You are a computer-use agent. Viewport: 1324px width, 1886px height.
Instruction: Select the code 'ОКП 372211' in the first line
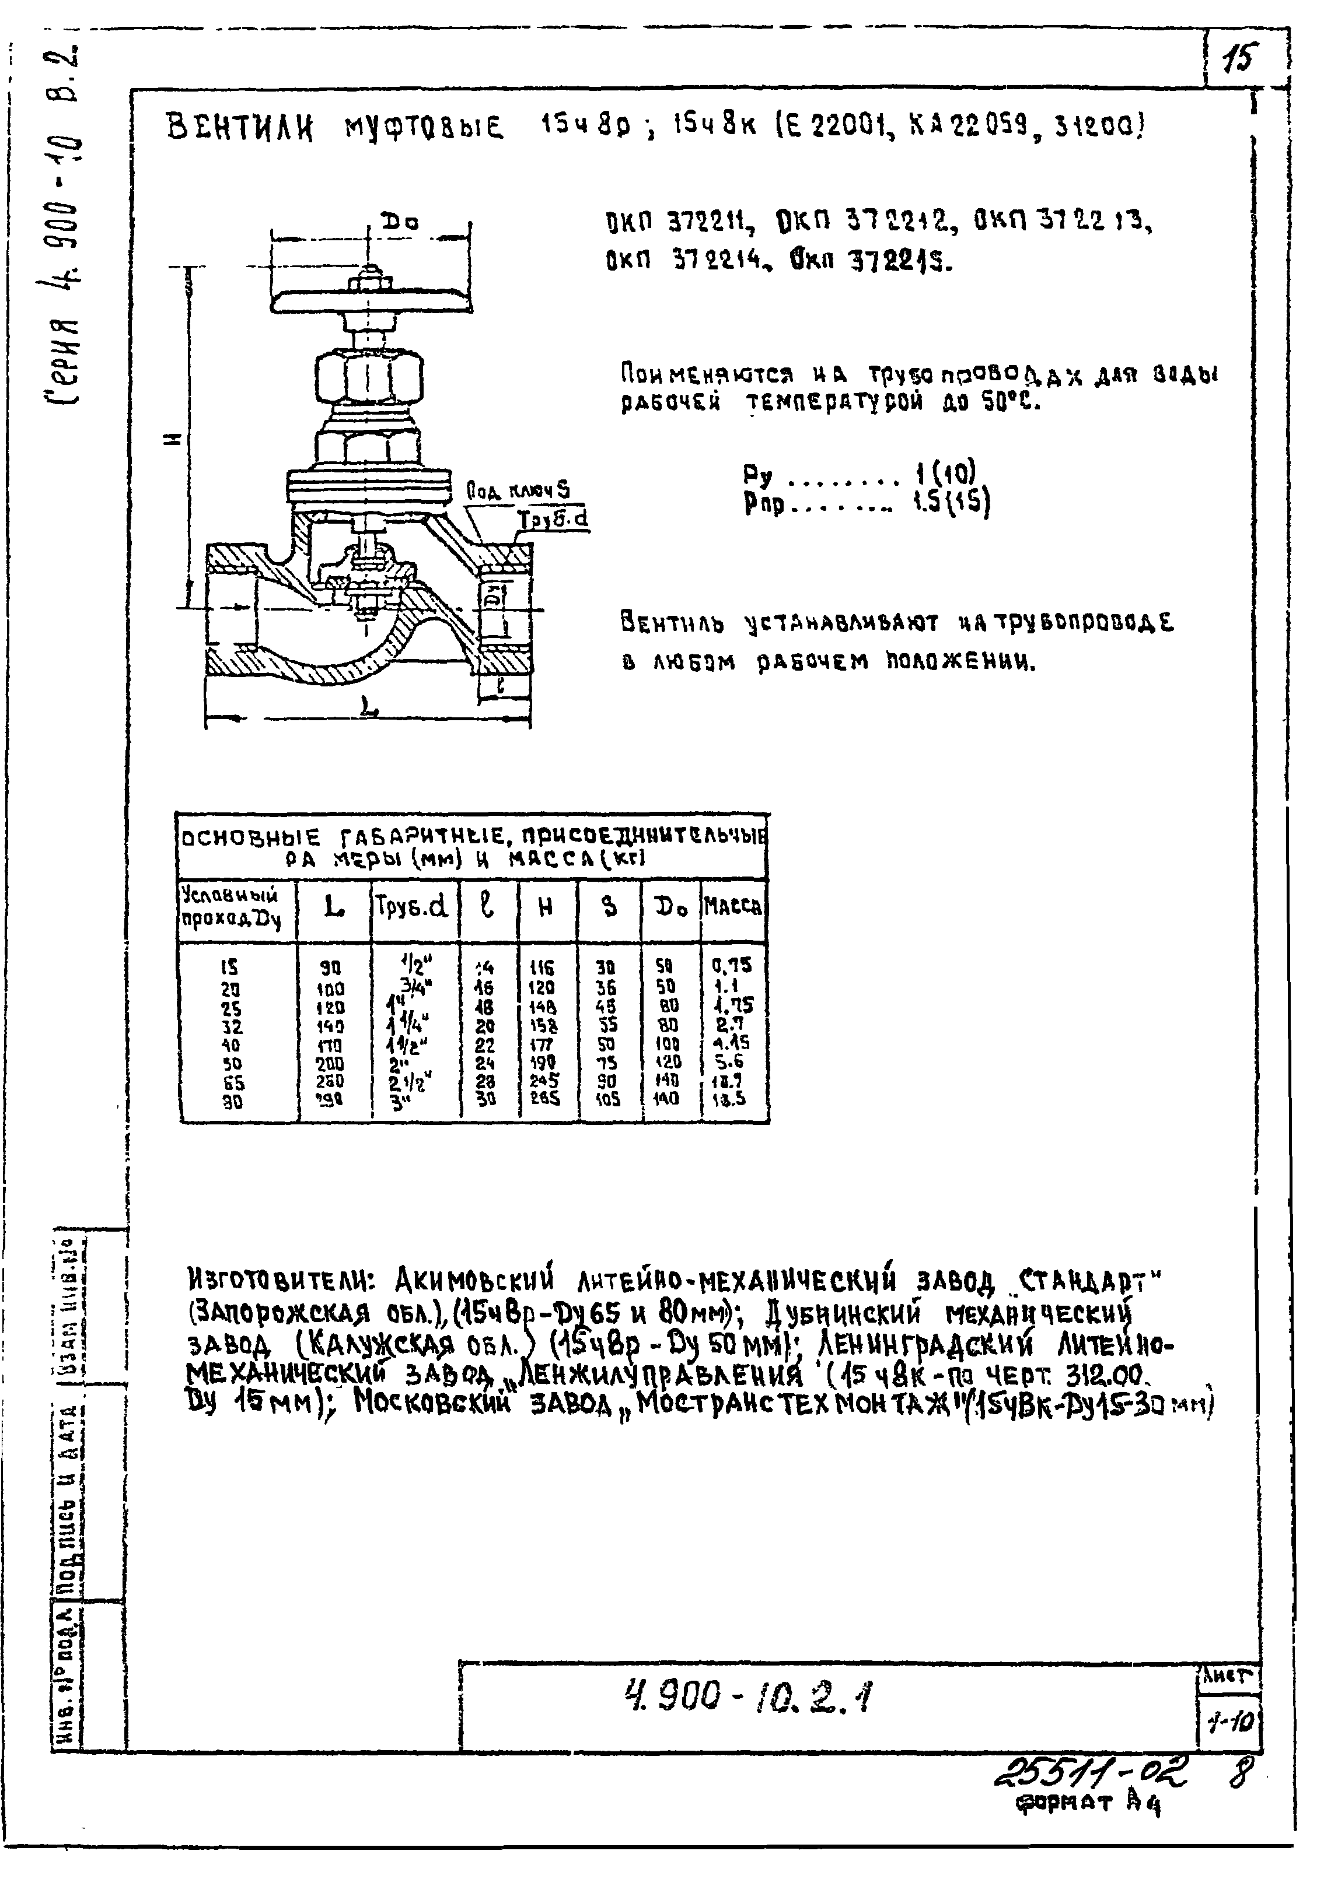coord(676,223)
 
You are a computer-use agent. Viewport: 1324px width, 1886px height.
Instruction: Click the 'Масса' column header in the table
coord(732,906)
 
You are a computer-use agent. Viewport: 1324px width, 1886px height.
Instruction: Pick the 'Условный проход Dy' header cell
coord(233,907)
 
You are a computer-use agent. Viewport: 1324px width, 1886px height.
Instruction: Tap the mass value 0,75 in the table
coord(732,965)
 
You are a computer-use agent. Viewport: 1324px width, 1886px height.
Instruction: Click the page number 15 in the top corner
coord(1237,59)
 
